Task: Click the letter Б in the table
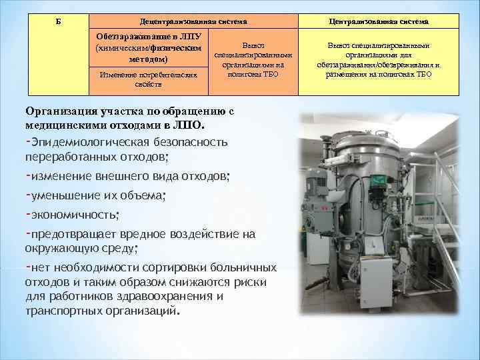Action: [x=58, y=21]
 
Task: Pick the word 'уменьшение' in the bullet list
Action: [x=63, y=195]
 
